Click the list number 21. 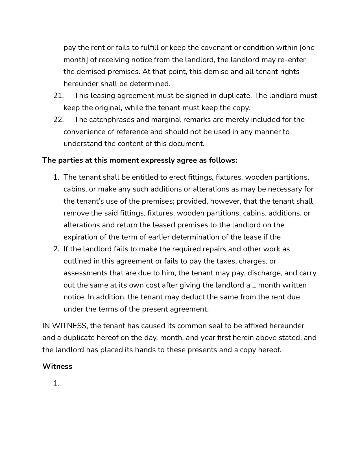pyautogui.click(x=58, y=96)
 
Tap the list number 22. pyautogui.click(x=58, y=120)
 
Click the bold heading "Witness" pyautogui.click(x=57, y=367)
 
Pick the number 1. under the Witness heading pyautogui.click(x=56, y=384)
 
